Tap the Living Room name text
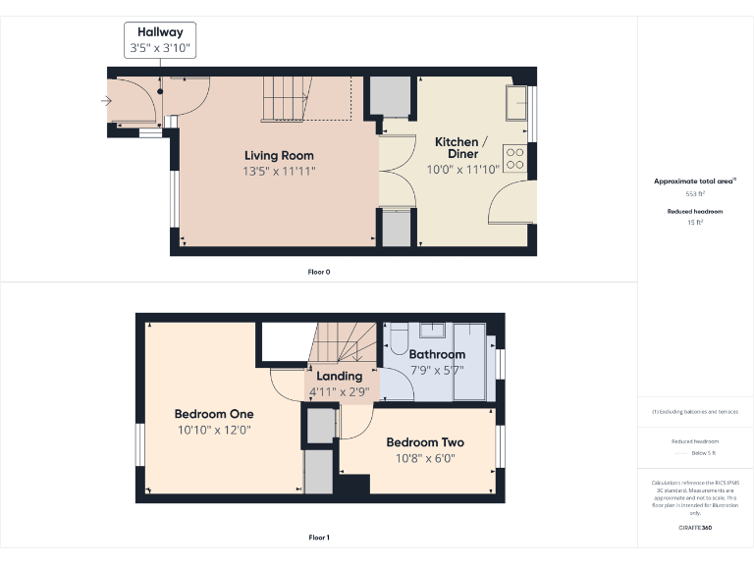tap(279, 155)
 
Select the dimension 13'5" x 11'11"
tap(279, 171)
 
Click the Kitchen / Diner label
tap(457, 148)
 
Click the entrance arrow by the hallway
tap(106, 100)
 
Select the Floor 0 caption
tap(319, 271)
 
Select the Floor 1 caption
tap(319, 538)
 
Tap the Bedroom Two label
tap(425, 442)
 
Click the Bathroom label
tap(437, 354)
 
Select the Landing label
tap(340, 376)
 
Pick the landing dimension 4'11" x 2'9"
tap(340, 391)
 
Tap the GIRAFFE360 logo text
tap(695, 528)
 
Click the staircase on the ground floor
tap(304, 98)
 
